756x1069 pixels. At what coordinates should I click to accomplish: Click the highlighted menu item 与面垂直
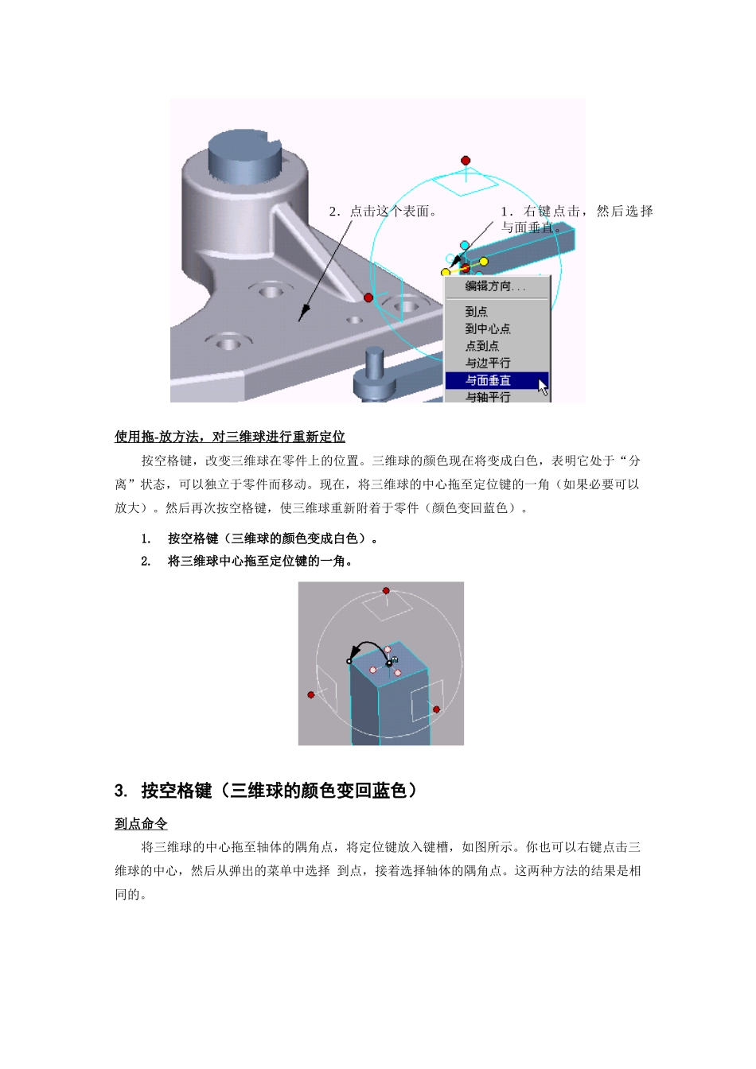[x=489, y=380]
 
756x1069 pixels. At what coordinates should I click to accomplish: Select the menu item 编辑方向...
[x=495, y=286]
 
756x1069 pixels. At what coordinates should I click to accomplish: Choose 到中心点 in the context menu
[x=488, y=328]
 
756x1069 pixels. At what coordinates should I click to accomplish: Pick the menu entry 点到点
[x=482, y=346]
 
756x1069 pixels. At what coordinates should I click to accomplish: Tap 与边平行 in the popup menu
[x=488, y=363]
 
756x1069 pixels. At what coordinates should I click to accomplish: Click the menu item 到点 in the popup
[x=476, y=312]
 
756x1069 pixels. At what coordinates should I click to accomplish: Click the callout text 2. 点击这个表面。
[x=383, y=212]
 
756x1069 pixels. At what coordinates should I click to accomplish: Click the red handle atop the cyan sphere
[x=466, y=161]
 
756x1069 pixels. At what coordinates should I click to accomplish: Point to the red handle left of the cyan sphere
[x=368, y=297]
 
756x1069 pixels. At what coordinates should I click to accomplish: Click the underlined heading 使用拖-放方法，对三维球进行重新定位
[x=230, y=437]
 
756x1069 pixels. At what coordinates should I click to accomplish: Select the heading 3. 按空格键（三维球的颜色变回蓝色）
[x=266, y=791]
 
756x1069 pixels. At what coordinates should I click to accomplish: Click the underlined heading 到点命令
[x=141, y=824]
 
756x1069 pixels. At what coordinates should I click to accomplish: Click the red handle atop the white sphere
[x=386, y=591]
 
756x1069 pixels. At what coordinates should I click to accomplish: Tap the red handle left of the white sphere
[x=311, y=694]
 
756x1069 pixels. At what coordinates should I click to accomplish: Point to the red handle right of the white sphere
[x=436, y=709]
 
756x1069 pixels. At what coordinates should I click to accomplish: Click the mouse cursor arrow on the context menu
[x=543, y=387]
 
